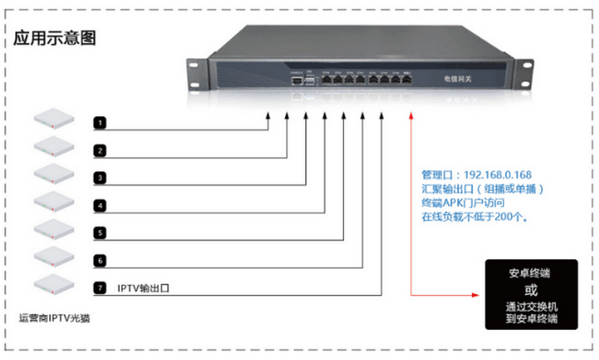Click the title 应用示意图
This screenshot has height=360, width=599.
click(x=55, y=37)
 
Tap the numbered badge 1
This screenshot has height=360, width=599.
click(x=99, y=124)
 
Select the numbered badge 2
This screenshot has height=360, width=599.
click(x=99, y=151)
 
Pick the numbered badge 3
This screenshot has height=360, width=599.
click(x=99, y=178)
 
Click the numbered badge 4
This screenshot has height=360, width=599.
click(x=99, y=205)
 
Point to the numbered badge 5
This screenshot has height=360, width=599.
click(x=99, y=233)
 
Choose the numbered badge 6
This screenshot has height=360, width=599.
click(x=99, y=260)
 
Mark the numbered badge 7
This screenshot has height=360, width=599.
click(x=99, y=287)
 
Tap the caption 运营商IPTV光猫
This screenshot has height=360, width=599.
click(x=54, y=320)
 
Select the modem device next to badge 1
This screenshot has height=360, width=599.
click(x=54, y=119)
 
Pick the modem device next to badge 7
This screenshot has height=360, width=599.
click(x=54, y=282)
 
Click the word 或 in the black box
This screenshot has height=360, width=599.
click(x=530, y=289)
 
